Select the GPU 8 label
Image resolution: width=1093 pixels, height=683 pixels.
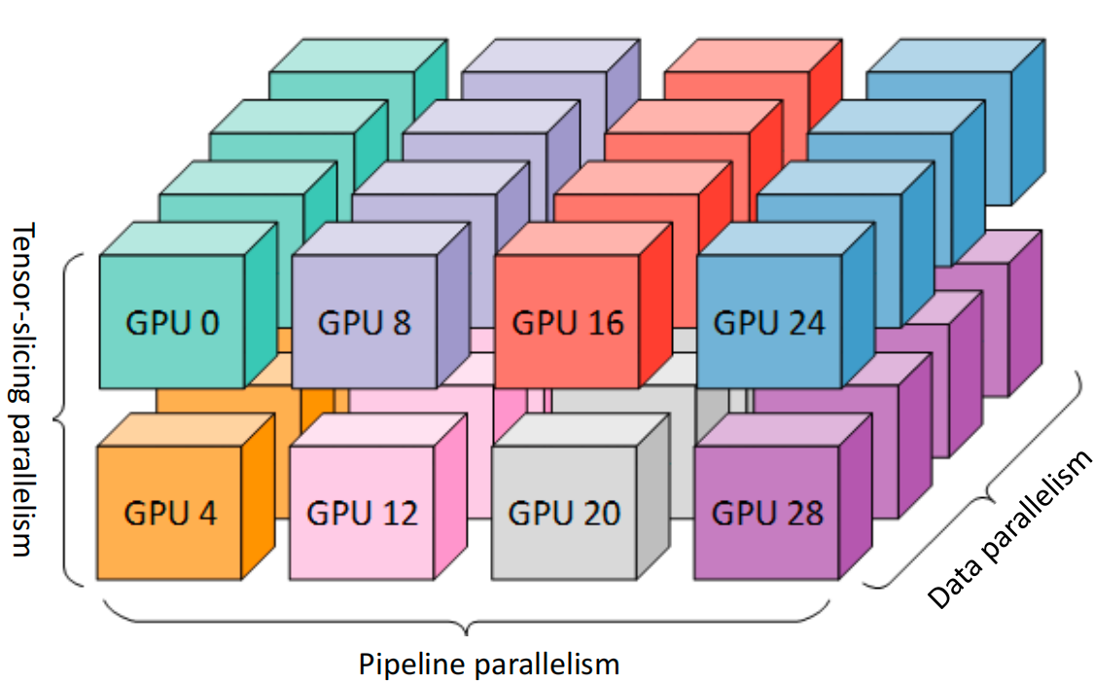pos(365,322)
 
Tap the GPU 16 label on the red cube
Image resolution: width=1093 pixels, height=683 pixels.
pos(567,322)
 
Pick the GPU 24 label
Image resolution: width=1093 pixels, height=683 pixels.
pos(769,322)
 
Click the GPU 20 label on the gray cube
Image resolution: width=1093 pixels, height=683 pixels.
pos(564,512)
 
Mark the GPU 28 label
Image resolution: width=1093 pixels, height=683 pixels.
pos(767,512)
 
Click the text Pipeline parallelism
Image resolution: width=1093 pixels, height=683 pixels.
pos(489,664)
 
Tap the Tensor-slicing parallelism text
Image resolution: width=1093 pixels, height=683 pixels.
pos(25,389)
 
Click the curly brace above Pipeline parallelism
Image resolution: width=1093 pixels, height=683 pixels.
pos(467,619)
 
